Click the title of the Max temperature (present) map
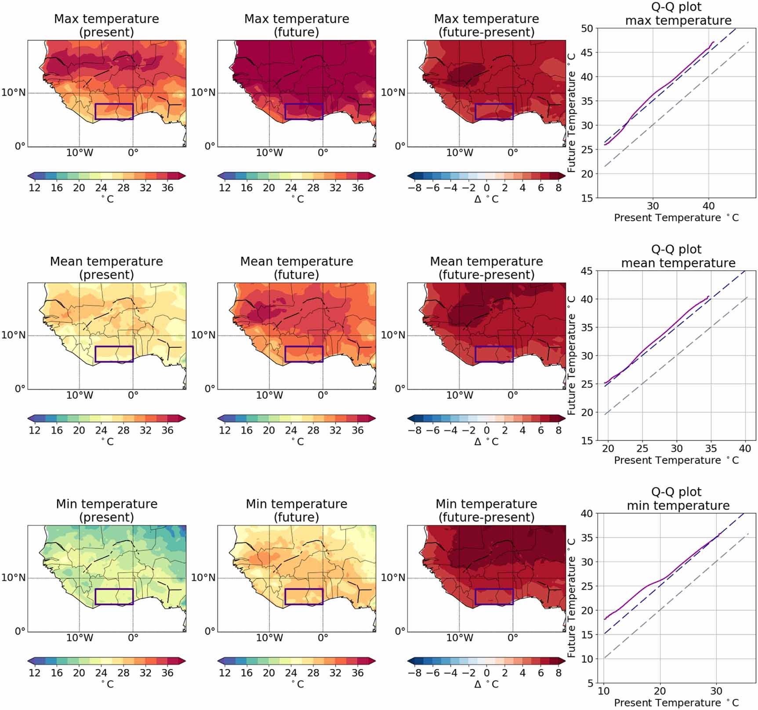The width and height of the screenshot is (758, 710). tap(106, 25)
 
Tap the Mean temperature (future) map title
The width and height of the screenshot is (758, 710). tap(297, 268)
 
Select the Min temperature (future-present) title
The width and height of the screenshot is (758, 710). tap(486, 510)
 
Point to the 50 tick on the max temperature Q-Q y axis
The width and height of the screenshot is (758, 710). tap(587, 29)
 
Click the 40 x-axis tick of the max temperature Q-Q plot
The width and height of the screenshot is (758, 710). tap(708, 206)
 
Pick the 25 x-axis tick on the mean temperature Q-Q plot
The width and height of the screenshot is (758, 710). tap(642, 448)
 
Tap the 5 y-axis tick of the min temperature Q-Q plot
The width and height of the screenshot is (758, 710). tap(590, 683)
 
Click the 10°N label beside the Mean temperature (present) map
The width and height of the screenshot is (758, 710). tap(14, 335)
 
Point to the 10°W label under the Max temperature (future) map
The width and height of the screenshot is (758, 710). tap(269, 153)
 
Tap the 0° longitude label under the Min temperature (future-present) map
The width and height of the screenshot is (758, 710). tap(513, 638)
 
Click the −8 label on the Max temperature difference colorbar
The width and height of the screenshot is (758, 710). tap(414, 188)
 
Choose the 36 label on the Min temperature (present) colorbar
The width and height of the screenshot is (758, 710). tap(167, 673)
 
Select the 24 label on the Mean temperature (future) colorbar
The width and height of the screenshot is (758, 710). tap(291, 430)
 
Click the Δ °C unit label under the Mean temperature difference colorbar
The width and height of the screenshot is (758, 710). tap(486, 441)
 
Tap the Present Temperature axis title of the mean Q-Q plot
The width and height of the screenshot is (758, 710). tap(676, 460)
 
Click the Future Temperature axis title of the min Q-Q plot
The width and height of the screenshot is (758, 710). tap(571, 598)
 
